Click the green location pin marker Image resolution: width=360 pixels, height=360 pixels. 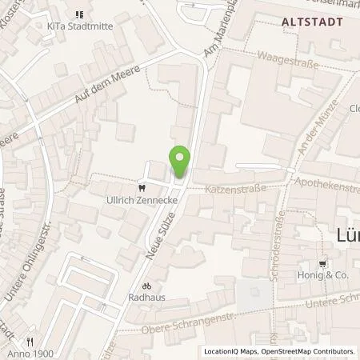(180, 162)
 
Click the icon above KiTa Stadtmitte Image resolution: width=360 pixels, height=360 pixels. (78, 14)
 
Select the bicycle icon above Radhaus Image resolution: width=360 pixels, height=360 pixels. (146, 285)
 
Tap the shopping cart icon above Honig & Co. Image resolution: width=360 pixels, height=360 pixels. (322, 262)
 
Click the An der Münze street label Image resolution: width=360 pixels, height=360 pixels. (306, 134)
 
